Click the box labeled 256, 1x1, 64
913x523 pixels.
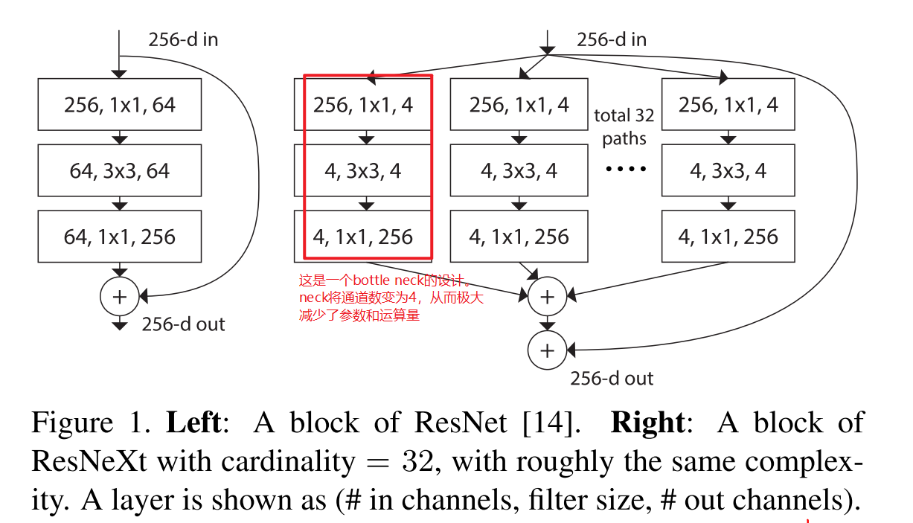click(119, 105)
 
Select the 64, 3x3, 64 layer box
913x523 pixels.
click(119, 171)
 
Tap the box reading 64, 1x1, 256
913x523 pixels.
click(119, 237)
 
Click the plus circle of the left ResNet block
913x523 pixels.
click(119, 296)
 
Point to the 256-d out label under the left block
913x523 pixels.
click(183, 324)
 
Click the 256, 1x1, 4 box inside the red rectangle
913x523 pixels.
click(363, 105)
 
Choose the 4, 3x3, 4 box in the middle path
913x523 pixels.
click(519, 171)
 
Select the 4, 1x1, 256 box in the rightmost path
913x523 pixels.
click(728, 237)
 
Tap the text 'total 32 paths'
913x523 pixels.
click(624, 126)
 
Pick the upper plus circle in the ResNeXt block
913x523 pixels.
click(547, 297)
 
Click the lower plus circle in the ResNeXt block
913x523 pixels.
click(547, 350)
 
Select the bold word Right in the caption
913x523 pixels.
click(646, 423)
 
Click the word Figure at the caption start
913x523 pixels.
click(72, 423)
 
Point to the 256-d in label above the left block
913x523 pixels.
click(183, 39)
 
